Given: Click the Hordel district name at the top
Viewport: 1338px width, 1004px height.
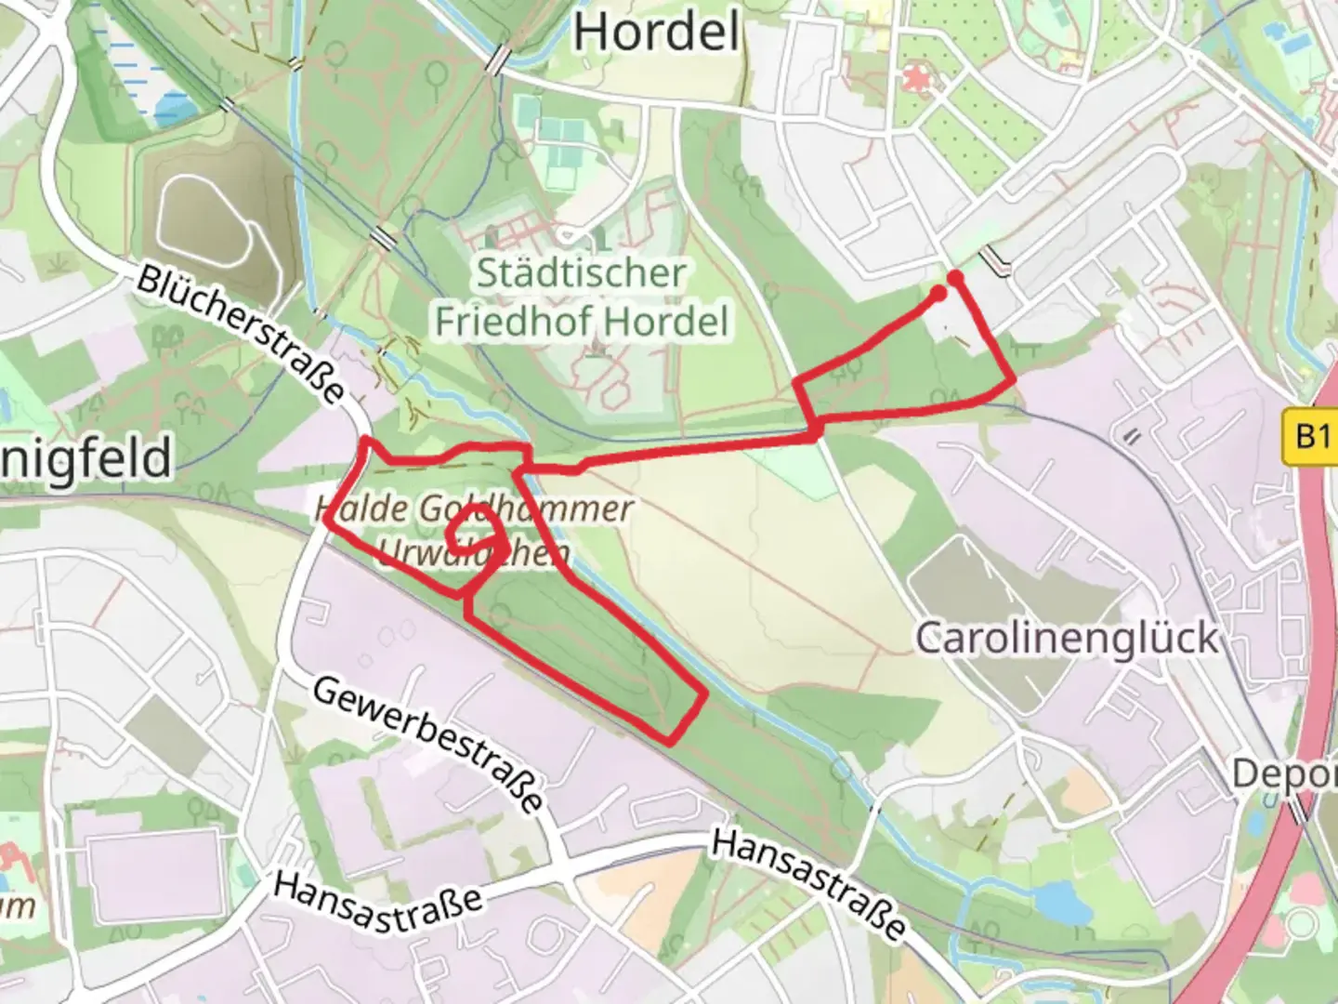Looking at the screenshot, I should (x=657, y=33).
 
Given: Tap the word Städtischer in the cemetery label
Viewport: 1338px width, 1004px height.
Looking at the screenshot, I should (x=582, y=273).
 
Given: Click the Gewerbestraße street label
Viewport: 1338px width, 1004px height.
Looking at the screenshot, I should (x=427, y=744).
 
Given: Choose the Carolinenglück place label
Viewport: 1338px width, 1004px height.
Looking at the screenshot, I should (x=1067, y=638).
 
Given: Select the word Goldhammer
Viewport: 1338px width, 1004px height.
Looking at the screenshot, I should (x=526, y=509).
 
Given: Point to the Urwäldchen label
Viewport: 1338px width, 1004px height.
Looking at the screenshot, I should (x=474, y=552).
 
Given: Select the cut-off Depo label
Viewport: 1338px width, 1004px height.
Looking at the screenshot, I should (x=1284, y=773).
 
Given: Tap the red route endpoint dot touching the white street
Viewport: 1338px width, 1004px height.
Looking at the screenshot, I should (x=954, y=277).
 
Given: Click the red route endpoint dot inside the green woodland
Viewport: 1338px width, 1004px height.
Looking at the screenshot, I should (x=938, y=294).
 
